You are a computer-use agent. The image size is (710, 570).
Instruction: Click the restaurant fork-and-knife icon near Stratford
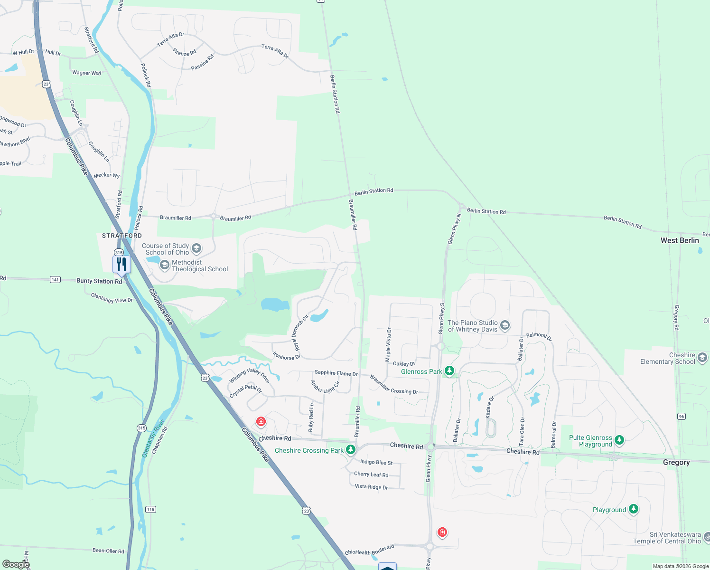121,264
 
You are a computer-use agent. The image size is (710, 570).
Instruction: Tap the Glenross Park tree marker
449,370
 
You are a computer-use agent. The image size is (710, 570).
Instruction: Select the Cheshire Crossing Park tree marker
351,449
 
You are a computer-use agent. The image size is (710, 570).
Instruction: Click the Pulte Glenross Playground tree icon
619,440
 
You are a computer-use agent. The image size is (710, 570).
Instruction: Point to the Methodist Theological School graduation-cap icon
165,265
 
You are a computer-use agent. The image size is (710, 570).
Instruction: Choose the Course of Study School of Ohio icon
196,248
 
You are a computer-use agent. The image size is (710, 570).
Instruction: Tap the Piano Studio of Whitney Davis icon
505,325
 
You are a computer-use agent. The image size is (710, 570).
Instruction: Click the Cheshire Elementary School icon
702,357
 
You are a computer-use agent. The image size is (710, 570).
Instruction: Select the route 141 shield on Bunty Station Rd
55,280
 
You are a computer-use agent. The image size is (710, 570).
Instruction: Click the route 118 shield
150,509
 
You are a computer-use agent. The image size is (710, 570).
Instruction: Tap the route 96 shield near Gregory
682,416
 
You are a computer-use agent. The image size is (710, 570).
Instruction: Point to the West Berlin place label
680,240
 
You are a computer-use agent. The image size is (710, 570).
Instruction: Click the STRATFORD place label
122,236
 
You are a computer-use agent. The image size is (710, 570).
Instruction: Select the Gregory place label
676,462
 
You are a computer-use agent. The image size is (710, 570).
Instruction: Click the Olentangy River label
153,438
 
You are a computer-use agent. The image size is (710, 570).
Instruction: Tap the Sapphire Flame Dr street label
336,373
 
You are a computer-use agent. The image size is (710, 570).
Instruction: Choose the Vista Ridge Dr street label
371,487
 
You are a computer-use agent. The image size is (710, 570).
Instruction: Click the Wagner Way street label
86,73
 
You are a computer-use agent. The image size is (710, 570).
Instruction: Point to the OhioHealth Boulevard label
369,550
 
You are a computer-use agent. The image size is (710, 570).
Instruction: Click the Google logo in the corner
16,564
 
